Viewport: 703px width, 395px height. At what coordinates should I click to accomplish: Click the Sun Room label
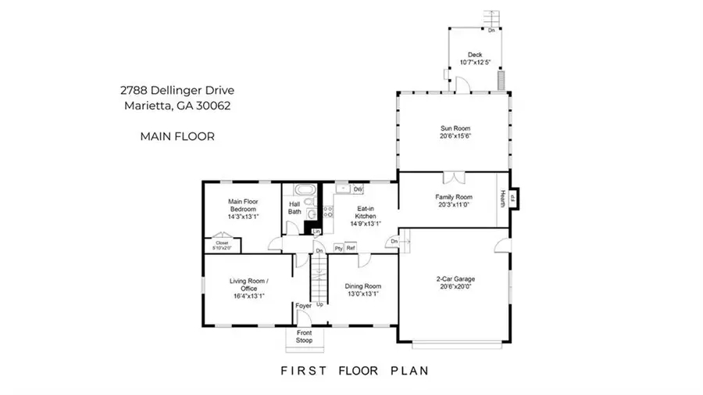click(x=453, y=131)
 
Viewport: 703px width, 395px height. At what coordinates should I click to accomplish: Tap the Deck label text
click(x=475, y=59)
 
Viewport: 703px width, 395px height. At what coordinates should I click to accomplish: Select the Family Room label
click(x=453, y=200)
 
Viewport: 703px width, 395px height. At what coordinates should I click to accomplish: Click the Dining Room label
click(x=363, y=289)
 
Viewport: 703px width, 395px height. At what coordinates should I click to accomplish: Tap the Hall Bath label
click(x=294, y=207)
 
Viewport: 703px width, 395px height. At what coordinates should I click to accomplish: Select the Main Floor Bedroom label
click(x=243, y=209)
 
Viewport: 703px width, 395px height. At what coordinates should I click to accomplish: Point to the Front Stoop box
click(x=304, y=336)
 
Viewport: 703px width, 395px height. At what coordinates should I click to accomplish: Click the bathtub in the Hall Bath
click(x=302, y=191)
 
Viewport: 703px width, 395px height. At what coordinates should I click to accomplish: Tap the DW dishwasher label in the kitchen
click(x=358, y=190)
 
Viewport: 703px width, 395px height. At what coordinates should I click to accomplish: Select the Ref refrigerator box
click(x=351, y=248)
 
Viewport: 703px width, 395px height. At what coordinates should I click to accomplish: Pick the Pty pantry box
click(x=338, y=248)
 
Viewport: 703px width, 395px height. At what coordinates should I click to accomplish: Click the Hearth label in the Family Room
click(x=504, y=199)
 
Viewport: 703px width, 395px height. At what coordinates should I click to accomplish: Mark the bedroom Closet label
click(x=223, y=246)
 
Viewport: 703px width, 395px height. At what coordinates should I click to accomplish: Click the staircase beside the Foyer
click(x=319, y=278)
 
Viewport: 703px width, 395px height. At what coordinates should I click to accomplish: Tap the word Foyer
click(x=303, y=305)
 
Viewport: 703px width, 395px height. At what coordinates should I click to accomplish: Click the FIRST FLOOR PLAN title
click(x=355, y=371)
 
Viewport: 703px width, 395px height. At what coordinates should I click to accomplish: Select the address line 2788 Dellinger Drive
click(x=178, y=92)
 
